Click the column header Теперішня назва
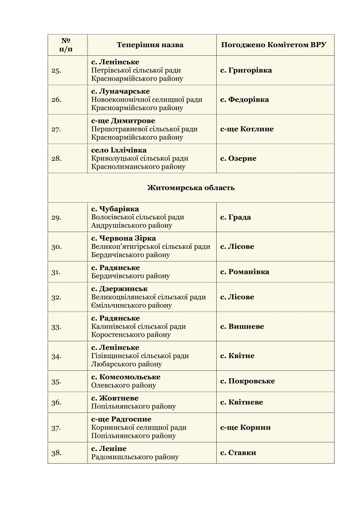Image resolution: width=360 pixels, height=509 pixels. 150,45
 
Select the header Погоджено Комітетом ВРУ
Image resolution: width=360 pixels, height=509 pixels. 273,45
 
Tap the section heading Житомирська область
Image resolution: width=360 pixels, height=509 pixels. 191,188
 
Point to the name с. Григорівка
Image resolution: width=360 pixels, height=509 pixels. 246,70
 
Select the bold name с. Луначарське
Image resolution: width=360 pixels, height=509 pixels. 120,92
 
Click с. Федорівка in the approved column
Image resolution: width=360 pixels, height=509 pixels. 244,100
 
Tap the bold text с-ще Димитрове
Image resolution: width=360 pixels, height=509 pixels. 123,121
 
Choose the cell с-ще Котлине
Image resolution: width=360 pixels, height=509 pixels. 247,129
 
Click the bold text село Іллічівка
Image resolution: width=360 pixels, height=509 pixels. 119,150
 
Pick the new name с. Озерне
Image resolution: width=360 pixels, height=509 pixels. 238,159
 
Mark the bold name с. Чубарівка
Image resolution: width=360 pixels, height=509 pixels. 115,209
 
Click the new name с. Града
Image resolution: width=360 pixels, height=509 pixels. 235,217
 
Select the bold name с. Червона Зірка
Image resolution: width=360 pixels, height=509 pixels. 123,238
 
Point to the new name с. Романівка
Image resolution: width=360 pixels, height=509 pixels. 244,272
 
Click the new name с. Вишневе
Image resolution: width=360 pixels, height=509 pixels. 242,327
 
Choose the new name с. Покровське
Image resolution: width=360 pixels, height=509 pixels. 248,381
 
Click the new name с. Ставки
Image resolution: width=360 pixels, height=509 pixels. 238,453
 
